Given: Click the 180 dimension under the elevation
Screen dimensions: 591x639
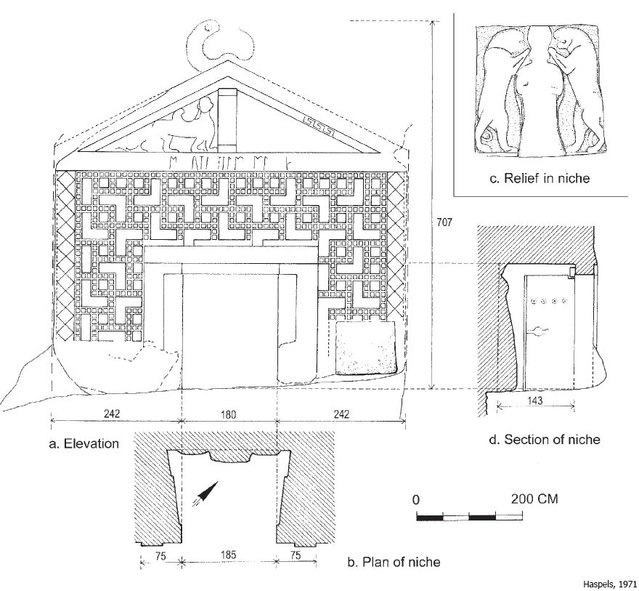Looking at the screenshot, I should pyautogui.click(x=229, y=414).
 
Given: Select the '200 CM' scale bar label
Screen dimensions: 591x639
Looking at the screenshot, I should pyautogui.click(x=531, y=500).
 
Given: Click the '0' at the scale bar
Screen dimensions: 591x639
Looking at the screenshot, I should pyautogui.click(x=416, y=500).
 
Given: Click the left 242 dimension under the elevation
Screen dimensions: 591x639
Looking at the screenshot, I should pyautogui.click(x=111, y=414).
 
